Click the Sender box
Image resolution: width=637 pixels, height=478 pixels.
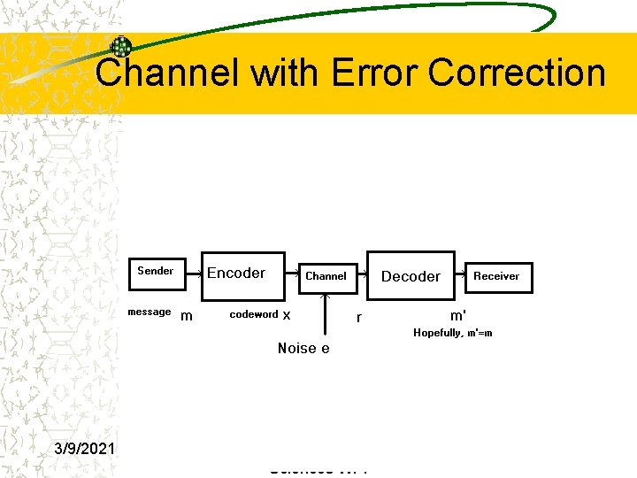point(156,271)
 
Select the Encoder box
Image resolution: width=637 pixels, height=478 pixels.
point(236,273)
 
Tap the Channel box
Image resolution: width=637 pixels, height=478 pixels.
point(326,276)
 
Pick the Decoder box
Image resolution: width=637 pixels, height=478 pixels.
point(411,276)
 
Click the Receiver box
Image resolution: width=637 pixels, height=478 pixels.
point(496,276)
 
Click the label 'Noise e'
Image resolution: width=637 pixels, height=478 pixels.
point(303,348)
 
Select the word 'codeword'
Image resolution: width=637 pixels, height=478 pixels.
point(254,314)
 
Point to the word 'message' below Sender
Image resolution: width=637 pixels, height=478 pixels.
point(149,312)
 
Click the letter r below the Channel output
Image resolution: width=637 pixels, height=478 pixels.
point(358,316)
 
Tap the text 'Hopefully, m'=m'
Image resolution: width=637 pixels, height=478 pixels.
point(453,333)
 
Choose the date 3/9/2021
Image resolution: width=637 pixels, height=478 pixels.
point(87,449)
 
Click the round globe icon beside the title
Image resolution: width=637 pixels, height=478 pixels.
point(120,47)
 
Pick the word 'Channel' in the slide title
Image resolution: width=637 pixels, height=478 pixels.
point(167,73)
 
